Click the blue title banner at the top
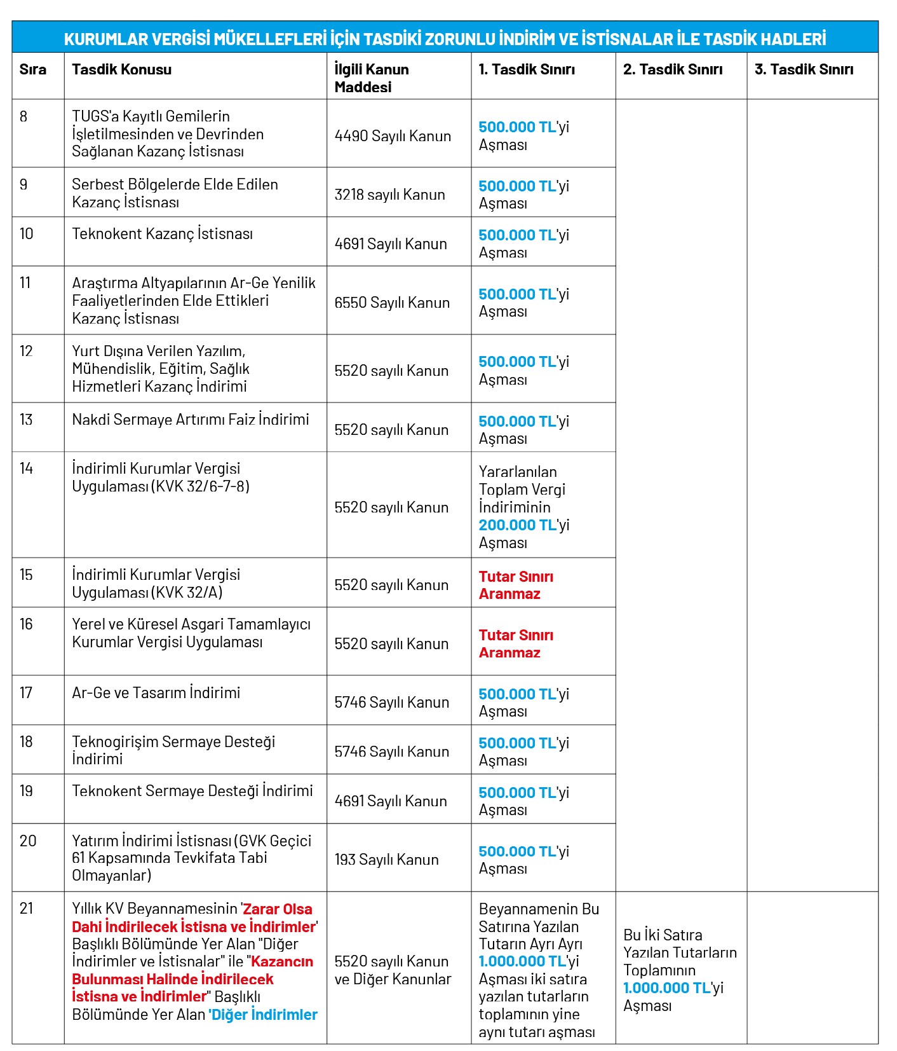coord(445,39)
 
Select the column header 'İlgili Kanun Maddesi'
coord(372,78)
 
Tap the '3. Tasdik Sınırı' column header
coord(804,69)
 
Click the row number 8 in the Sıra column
coord(24,116)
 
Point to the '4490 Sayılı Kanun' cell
coord(393,135)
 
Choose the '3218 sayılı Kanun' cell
coord(389,194)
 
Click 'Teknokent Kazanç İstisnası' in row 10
coord(162,233)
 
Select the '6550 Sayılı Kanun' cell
coord(392,302)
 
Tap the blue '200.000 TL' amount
coord(517,525)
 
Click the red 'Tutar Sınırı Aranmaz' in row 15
coord(515,585)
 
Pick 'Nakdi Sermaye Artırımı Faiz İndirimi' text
coord(190,419)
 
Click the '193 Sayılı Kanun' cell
coord(386,859)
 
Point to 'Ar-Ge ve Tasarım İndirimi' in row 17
coord(156,692)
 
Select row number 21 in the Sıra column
coord(26,908)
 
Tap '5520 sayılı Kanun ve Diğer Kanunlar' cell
coord(393,970)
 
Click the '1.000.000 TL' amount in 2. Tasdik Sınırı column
coord(666,987)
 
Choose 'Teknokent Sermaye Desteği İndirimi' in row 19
coord(192,790)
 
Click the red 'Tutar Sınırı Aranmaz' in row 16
coord(515,643)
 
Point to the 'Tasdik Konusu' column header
coord(121,69)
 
